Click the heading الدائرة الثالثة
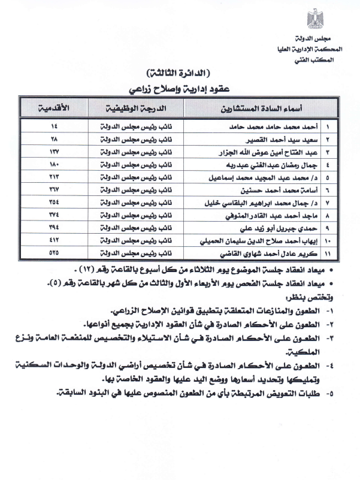pos(178,73)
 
